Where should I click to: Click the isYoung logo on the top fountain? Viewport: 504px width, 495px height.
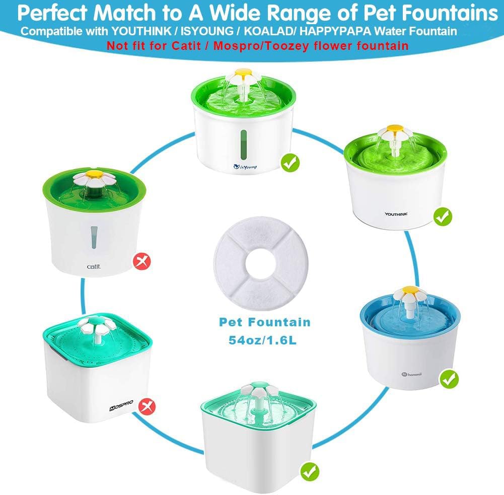245,167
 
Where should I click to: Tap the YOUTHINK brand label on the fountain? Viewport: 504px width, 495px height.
396,214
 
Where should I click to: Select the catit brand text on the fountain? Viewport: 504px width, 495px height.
94,266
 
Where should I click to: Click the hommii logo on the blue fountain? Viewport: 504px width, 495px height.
412,374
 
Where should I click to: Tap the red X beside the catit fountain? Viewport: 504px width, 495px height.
142,261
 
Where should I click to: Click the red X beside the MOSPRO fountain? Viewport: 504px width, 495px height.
147,406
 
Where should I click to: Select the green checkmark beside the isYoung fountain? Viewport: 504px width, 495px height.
290,163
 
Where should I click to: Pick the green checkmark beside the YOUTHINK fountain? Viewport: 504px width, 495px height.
443,217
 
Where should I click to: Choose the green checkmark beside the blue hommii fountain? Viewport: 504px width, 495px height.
449,379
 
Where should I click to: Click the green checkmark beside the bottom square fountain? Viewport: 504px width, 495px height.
310,471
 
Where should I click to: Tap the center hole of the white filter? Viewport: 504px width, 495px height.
261,263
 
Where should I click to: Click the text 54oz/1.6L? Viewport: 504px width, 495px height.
263,340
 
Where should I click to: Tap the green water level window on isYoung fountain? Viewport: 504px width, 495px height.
244,146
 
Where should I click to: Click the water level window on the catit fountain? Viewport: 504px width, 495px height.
94,237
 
